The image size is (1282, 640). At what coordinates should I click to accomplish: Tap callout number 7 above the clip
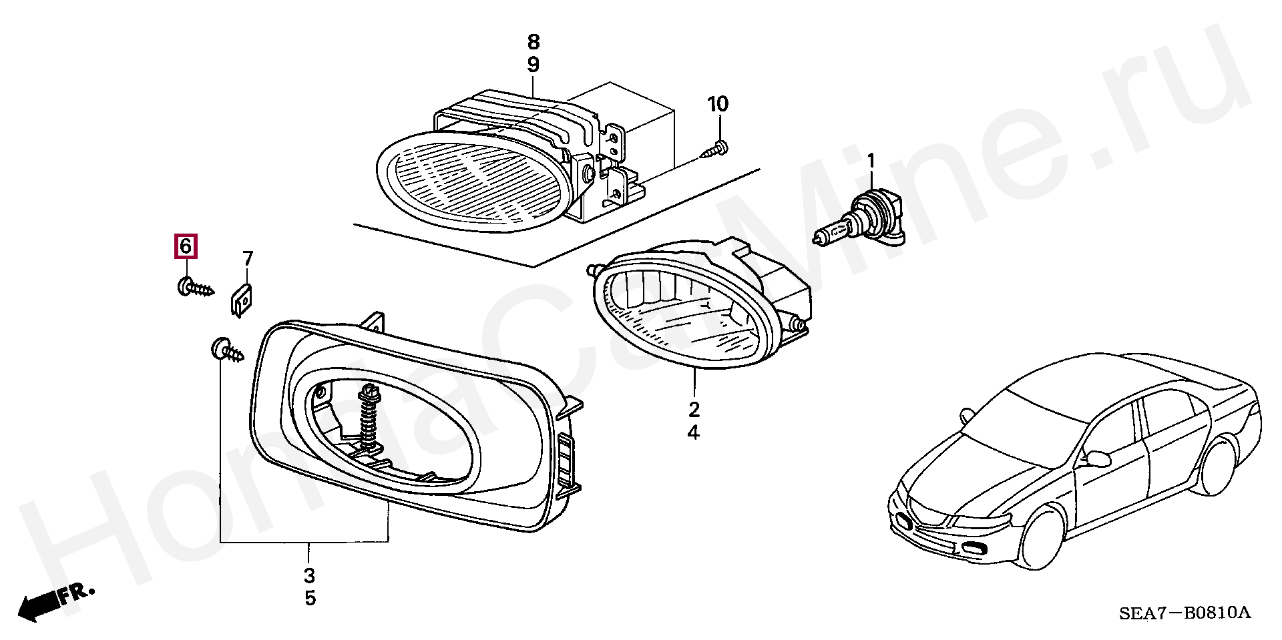click(248, 258)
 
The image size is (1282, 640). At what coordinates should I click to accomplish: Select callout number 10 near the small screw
click(718, 104)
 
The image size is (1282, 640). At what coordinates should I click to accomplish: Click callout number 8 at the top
click(533, 42)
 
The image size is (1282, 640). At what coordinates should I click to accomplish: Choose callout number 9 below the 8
click(533, 65)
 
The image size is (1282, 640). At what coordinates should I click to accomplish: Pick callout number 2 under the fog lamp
click(694, 409)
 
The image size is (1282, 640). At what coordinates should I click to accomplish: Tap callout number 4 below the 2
click(694, 433)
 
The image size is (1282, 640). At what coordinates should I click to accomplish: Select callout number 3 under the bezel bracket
click(309, 575)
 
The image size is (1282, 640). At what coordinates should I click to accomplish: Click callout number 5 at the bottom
click(310, 598)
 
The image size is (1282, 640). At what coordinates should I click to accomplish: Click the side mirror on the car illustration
click(1098, 458)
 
